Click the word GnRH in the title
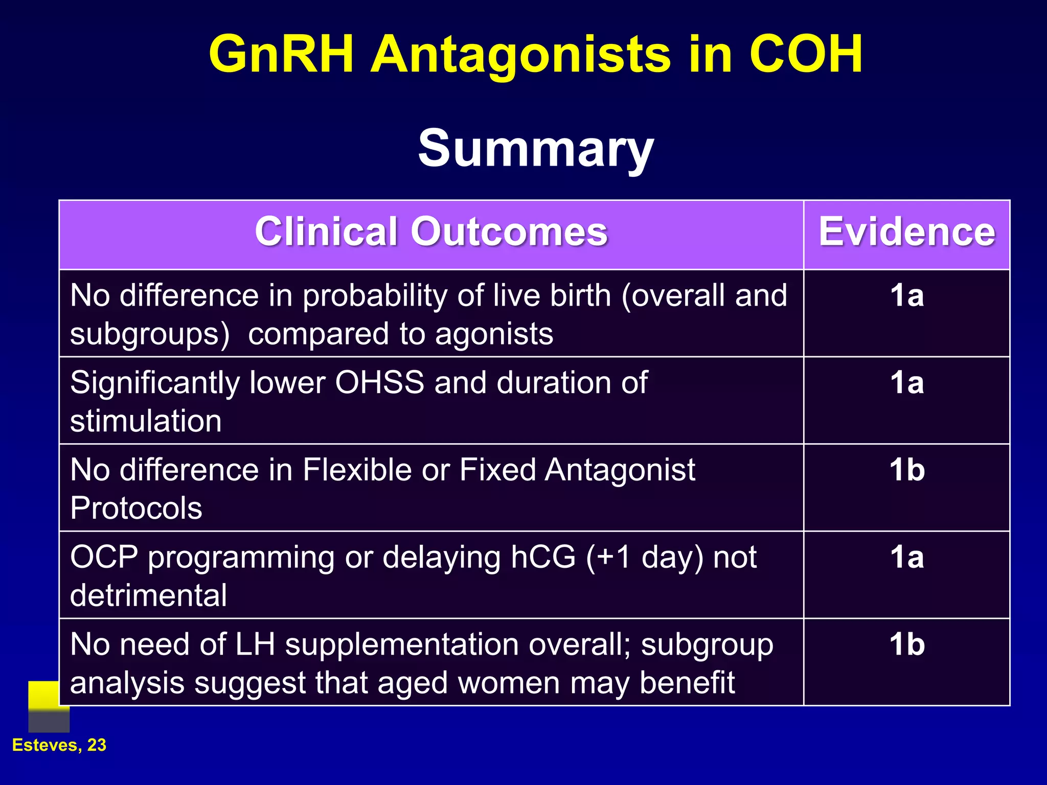click(281, 55)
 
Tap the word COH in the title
click(806, 55)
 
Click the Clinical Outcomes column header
click(431, 233)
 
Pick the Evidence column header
click(906, 233)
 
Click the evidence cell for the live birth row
click(906, 296)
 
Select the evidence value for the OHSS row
click(906, 383)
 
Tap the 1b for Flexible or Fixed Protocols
click(906, 470)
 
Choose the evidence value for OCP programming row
click(906, 557)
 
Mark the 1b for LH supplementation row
click(906, 644)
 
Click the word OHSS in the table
click(379, 383)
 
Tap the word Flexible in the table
click(357, 470)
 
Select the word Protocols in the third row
click(136, 509)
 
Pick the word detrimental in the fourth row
click(148, 596)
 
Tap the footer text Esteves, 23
click(59, 745)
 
